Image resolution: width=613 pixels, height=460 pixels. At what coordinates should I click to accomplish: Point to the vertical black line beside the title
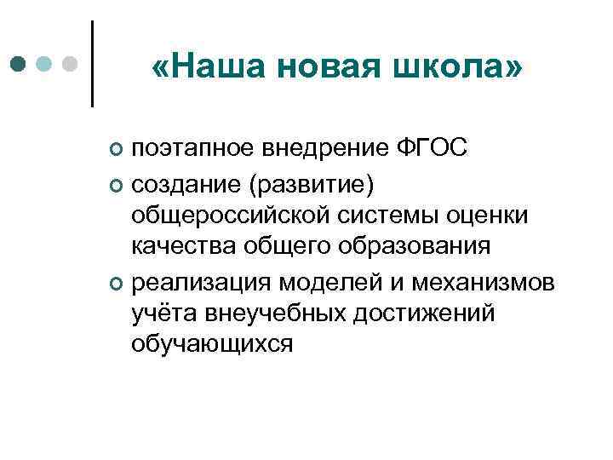pos(92,64)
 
